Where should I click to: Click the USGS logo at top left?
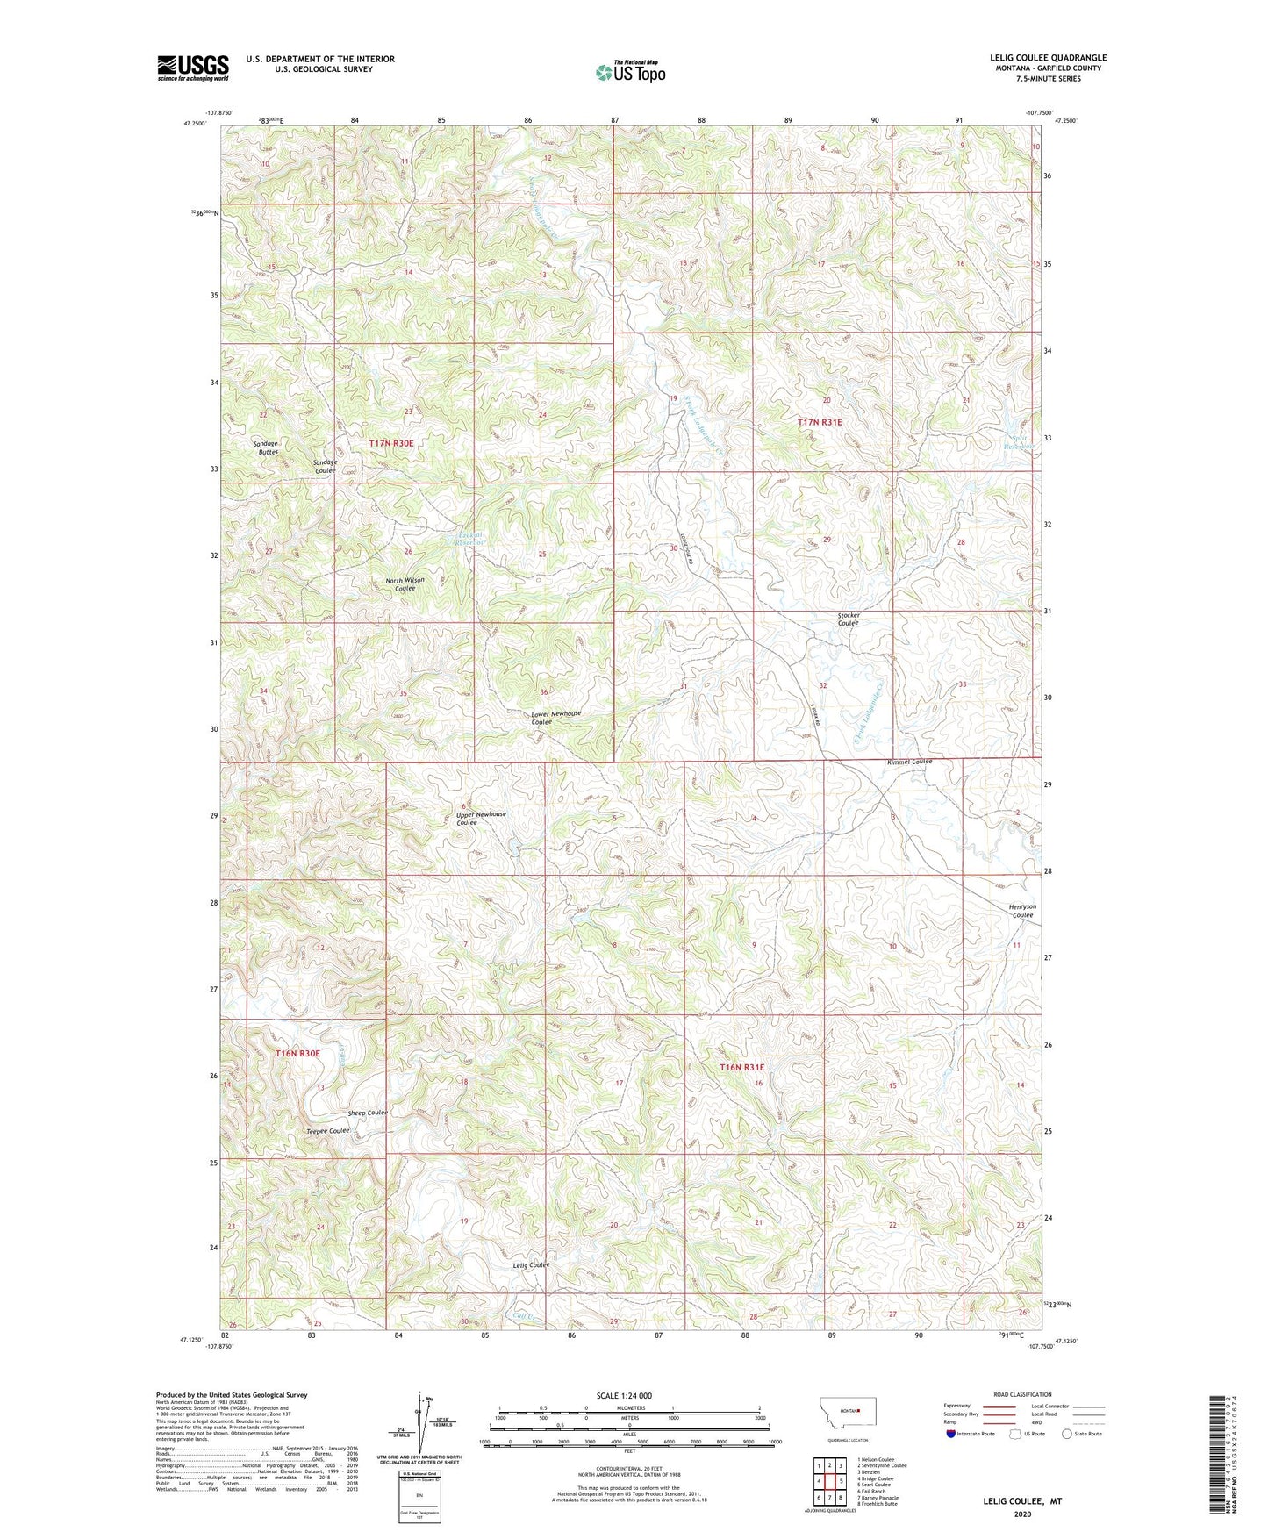click(x=192, y=68)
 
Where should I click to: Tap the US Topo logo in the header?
click(x=629, y=71)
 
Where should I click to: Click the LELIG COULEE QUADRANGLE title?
click(x=1048, y=58)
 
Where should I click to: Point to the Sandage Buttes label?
click(x=266, y=447)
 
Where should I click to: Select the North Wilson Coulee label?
click(x=405, y=584)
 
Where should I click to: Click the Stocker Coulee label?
click(x=848, y=619)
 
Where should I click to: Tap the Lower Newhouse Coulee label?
click(x=555, y=718)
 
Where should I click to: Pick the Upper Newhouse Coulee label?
click(x=480, y=818)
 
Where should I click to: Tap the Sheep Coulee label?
click(x=367, y=1113)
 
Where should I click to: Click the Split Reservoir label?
click(x=1020, y=441)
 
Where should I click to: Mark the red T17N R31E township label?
click(x=820, y=422)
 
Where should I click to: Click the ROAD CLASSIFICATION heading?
click(x=1022, y=1394)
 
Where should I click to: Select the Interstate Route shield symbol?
click(x=951, y=1434)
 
